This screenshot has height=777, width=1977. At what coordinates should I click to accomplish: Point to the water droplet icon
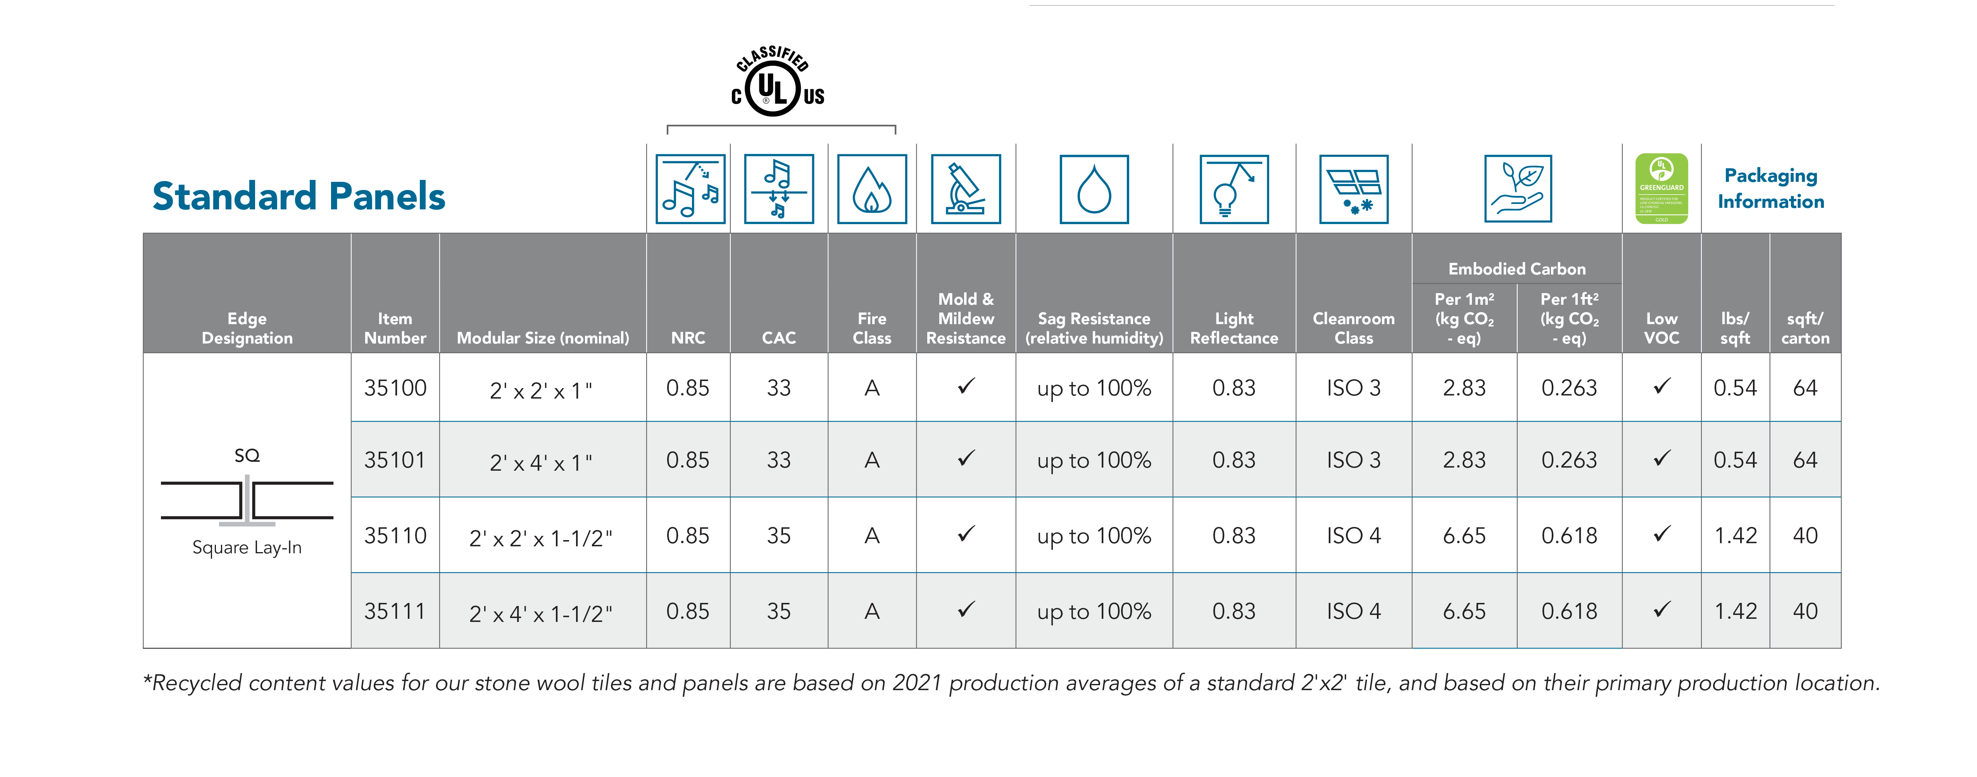[1094, 189]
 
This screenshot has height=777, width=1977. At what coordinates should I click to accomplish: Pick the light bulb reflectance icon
[1233, 189]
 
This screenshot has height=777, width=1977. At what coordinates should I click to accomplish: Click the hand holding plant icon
[1517, 189]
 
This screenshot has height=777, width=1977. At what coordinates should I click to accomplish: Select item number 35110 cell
[395, 535]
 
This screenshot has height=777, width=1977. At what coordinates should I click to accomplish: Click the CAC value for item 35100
[778, 388]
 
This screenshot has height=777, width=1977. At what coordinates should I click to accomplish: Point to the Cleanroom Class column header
[1353, 328]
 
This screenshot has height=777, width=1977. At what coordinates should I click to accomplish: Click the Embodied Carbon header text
[1516, 269]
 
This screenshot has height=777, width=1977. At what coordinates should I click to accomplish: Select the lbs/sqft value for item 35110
[1735, 535]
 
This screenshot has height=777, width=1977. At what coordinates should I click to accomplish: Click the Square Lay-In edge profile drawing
[247, 501]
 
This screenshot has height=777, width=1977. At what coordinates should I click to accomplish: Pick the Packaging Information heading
[1770, 188]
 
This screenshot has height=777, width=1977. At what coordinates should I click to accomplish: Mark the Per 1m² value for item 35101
[1464, 460]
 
